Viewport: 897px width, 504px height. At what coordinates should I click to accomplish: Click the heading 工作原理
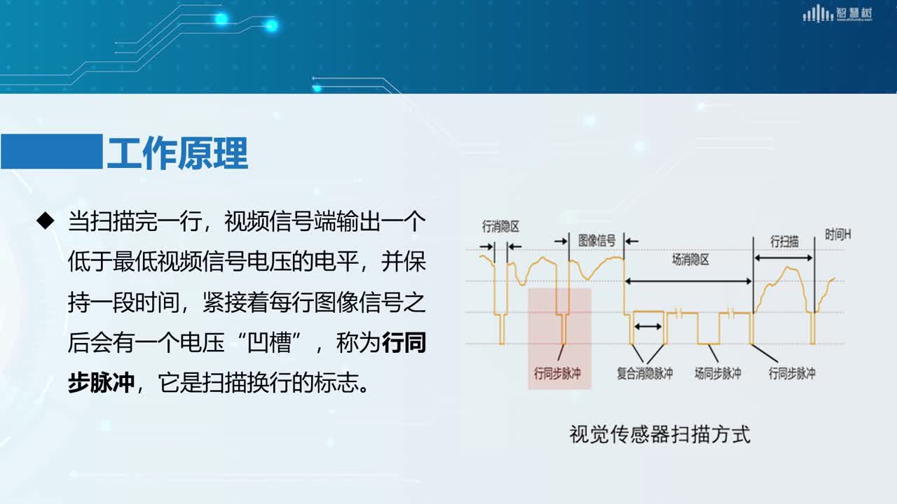point(177,153)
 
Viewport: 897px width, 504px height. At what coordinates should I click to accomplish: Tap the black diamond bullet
point(46,220)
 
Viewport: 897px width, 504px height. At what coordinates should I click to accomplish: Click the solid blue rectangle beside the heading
point(51,151)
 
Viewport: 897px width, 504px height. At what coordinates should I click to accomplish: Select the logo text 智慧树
point(854,13)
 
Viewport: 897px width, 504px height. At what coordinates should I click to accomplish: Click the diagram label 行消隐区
point(500,227)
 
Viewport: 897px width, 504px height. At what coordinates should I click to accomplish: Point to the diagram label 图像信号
point(596,241)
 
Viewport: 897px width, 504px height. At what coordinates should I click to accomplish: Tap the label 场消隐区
point(690,260)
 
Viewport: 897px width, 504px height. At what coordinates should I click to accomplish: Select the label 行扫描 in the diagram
point(784,241)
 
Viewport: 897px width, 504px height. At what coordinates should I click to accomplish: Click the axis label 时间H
point(837,234)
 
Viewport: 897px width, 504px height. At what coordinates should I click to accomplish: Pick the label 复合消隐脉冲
point(645,374)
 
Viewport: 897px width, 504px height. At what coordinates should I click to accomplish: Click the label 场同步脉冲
point(718,374)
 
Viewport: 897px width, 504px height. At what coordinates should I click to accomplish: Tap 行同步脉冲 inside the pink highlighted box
point(557,374)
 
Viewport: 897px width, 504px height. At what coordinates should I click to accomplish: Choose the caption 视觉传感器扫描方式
point(660,435)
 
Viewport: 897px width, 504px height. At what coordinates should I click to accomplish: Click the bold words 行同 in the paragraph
point(404,343)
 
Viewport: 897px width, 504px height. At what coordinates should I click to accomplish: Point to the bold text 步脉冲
point(101,383)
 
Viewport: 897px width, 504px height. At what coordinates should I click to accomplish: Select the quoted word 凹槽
point(269,343)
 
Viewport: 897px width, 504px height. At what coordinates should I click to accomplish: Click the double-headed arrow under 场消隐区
point(688,281)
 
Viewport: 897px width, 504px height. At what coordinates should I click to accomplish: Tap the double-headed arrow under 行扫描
point(783,258)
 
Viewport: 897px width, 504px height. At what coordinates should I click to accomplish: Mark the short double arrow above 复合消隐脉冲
point(648,327)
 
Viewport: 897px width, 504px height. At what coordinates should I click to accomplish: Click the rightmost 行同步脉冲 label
point(792,374)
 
